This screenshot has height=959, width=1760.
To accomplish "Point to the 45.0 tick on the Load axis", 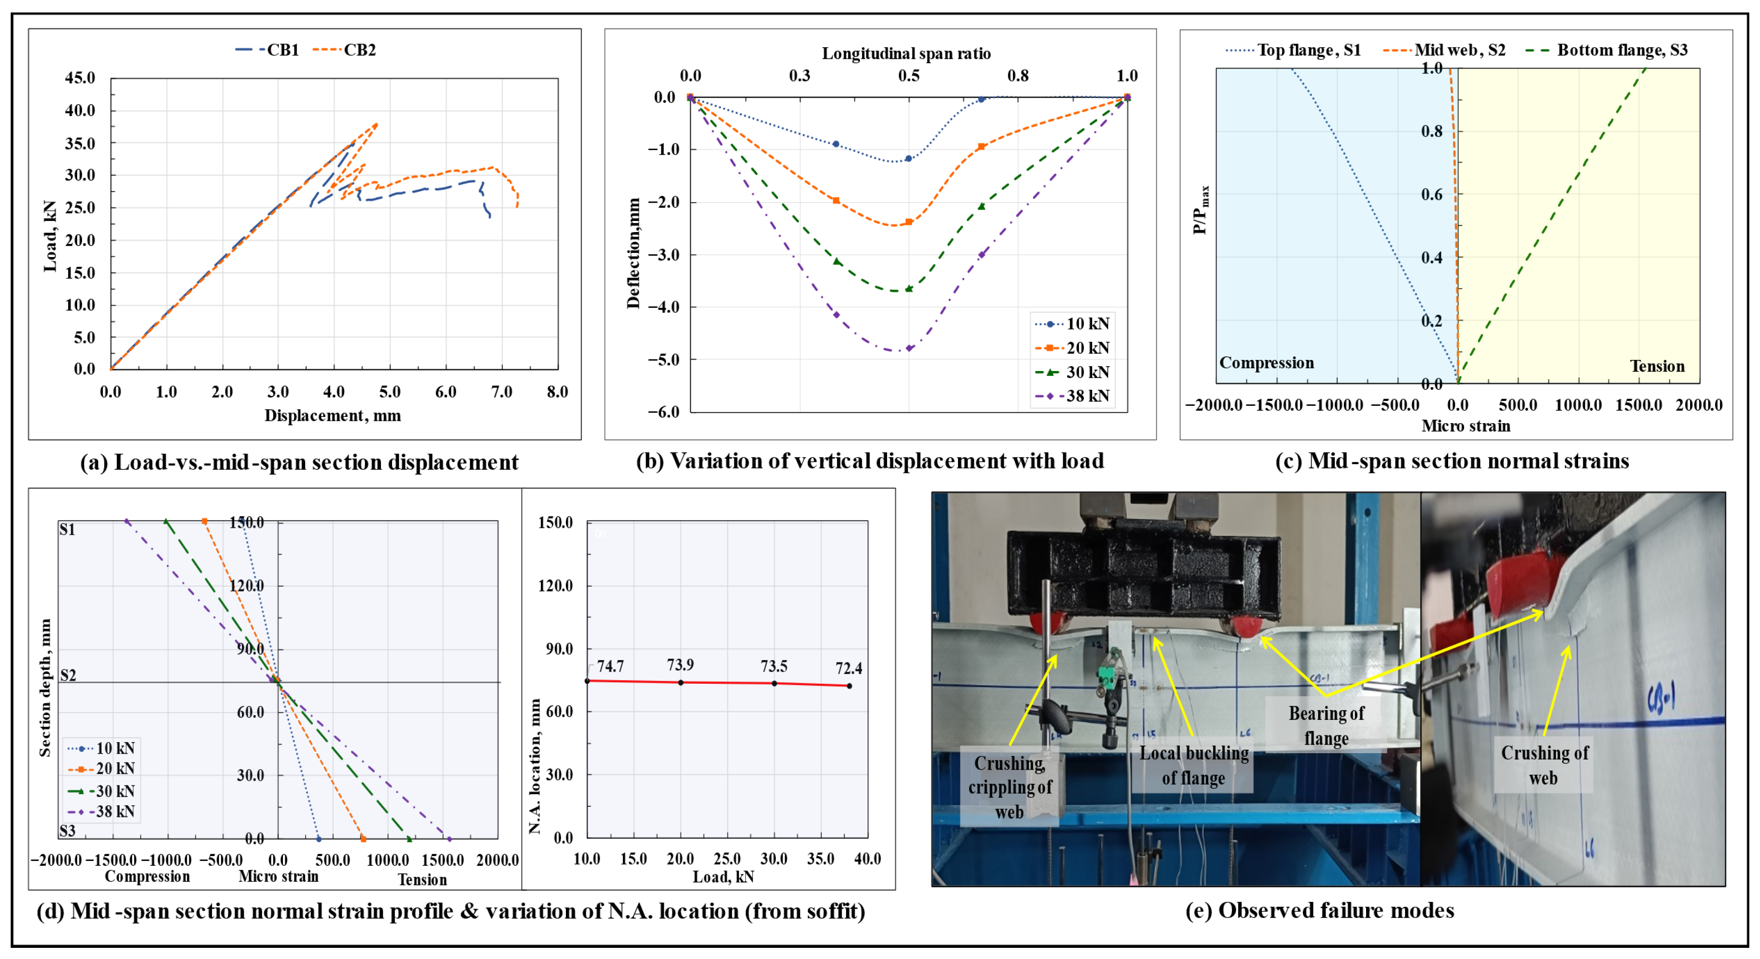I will click(80, 78).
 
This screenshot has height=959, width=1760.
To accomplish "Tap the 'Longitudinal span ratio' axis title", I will click(906, 54).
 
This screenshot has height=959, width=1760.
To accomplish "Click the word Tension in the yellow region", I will click(1657, 367).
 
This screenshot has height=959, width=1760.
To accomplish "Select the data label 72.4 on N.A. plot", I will click(848, 669).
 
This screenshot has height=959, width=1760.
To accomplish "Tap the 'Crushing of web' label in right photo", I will click(1543, 765).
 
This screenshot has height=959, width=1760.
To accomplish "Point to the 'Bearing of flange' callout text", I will click(1326, 726).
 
